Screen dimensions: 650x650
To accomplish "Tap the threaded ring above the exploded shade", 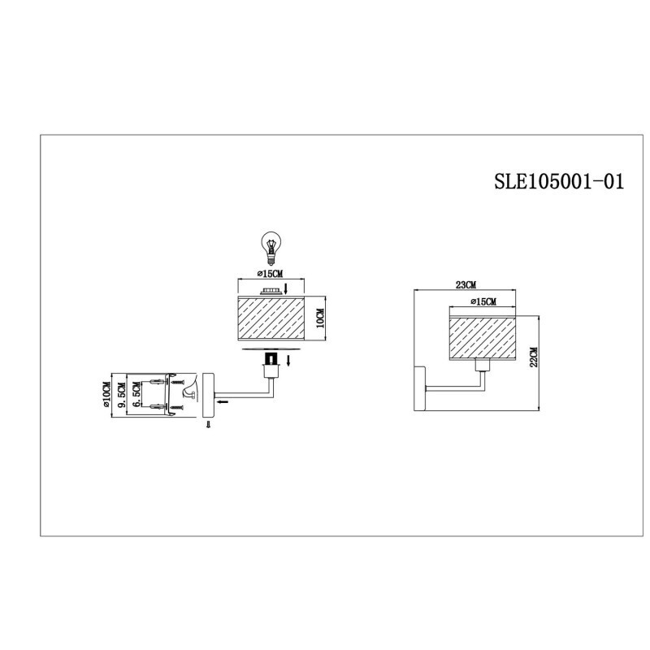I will (268, 290).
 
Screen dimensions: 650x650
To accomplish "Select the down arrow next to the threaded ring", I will (287, 288).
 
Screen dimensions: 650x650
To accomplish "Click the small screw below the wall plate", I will (208, 425).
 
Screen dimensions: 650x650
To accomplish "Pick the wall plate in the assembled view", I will (419, 391).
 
